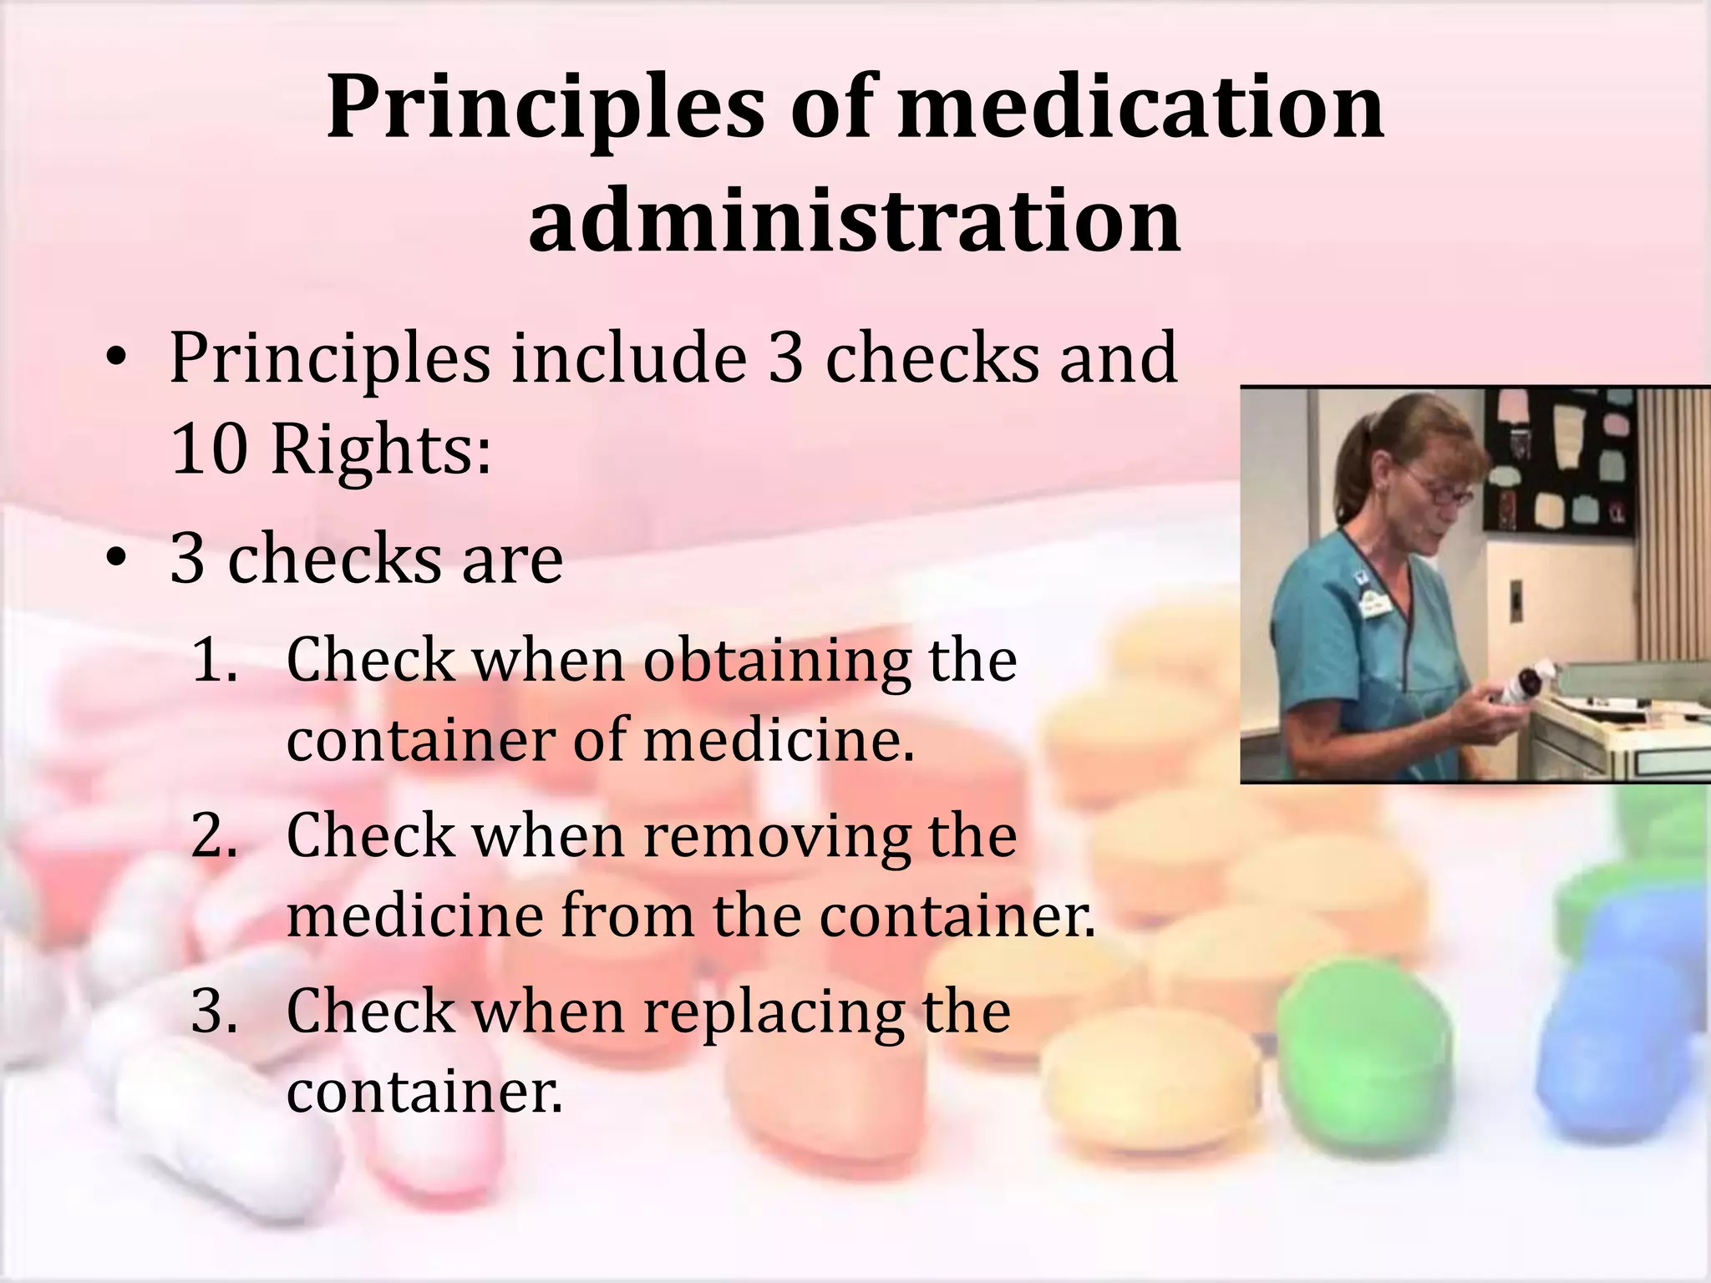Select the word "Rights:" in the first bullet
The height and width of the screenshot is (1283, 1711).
pyautogui.click(x=381, y=449)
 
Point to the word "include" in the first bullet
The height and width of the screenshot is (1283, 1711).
pyautogui.click(x=628, y=358)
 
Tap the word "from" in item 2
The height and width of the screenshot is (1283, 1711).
pyautogui.click(x=627, y=915)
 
